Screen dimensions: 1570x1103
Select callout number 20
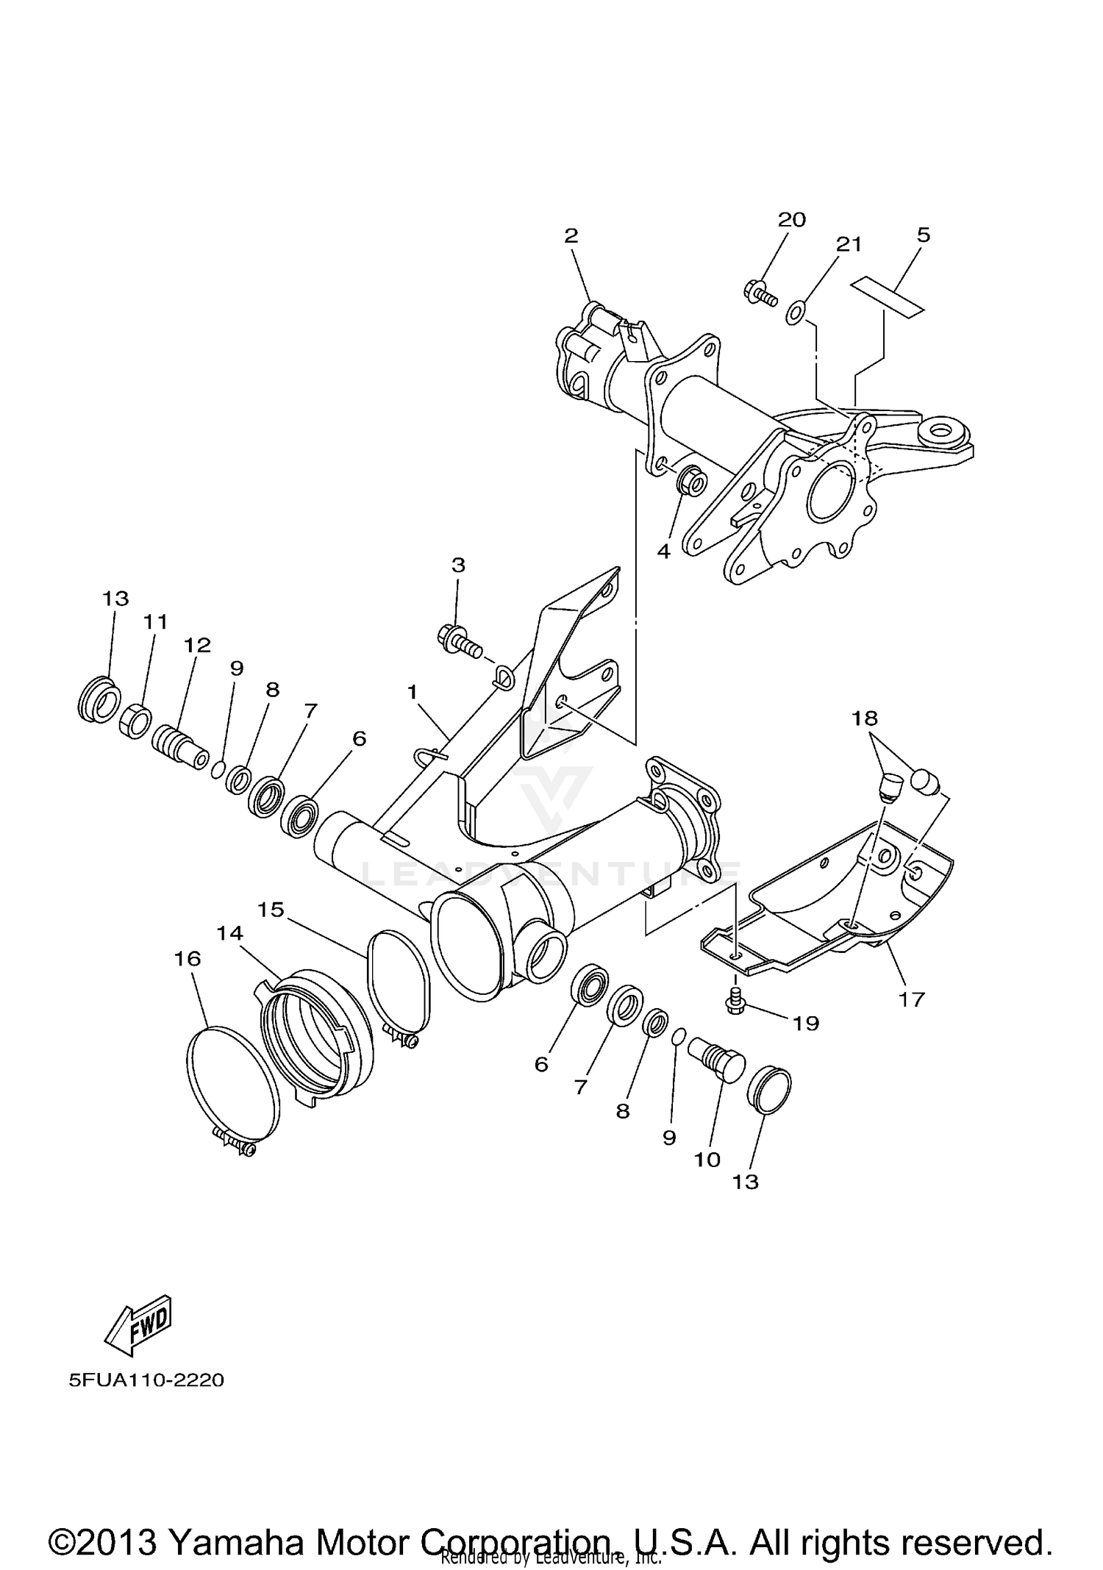791,219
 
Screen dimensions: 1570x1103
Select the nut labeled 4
690,482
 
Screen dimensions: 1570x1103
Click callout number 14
229,932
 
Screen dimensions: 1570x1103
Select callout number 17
910,999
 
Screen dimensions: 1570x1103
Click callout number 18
865,718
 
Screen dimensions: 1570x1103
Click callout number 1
413,692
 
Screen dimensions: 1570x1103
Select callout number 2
571,236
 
